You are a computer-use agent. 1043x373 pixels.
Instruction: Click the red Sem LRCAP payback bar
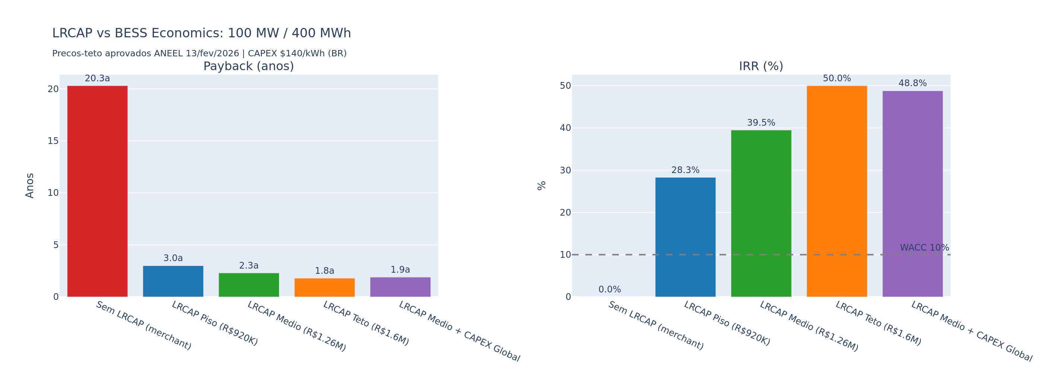coord(97,191)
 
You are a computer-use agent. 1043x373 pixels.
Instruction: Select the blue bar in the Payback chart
coord(173,281)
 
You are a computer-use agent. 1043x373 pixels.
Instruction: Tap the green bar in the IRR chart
coord(761,213)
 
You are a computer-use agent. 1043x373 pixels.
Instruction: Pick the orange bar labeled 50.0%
coord(837,191)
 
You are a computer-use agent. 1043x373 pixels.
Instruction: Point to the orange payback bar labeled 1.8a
coord(324,287)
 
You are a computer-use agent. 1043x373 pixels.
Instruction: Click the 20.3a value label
coord(97,79)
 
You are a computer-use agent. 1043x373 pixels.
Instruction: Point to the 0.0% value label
coord(609,289)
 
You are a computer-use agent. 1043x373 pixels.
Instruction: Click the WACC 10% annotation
coord(924,248)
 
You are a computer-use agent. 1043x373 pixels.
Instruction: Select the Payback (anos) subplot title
coord(248,66)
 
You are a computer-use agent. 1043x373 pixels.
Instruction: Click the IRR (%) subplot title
coord(761,66)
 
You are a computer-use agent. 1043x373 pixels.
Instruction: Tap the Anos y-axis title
coord(29,186)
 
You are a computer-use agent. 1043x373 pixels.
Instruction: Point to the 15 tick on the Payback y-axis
coord(53,141)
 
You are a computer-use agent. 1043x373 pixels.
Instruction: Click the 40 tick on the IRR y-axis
coord(565,128)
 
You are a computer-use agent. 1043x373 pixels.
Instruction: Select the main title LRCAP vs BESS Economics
coord(201,33)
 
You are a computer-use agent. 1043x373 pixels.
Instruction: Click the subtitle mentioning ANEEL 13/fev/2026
coord(199,53)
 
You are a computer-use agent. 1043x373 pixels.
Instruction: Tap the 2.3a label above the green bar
coord(248,266)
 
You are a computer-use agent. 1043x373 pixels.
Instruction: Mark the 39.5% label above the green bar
coord(761,123)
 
